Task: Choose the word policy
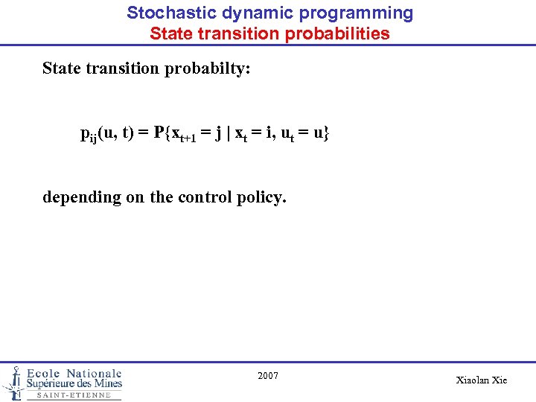(x=261, y=197)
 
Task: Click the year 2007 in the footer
(x=268, y=376)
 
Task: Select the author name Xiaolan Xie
(x=481, y=380)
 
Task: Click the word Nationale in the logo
(x=94, y=373)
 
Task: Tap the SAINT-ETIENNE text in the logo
(x=74, y=395)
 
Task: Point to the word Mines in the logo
(x=105, y=383)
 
